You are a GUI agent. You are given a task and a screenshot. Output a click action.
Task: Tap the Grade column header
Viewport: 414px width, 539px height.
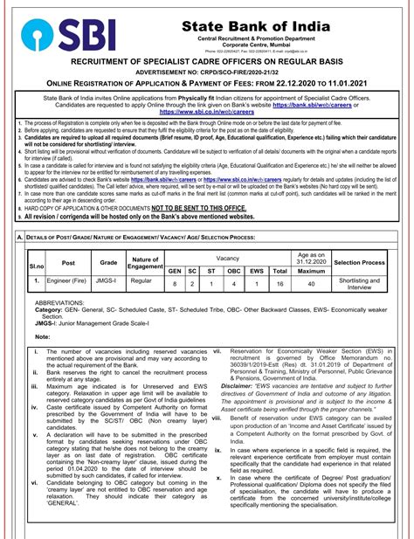(108, 262)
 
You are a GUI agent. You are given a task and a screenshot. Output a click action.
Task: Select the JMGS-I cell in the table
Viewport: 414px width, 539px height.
(108, 282)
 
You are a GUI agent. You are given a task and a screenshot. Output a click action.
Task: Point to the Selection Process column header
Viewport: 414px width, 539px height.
(359, 262)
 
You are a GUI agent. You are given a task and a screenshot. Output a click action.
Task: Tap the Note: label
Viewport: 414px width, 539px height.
(44, 335)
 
